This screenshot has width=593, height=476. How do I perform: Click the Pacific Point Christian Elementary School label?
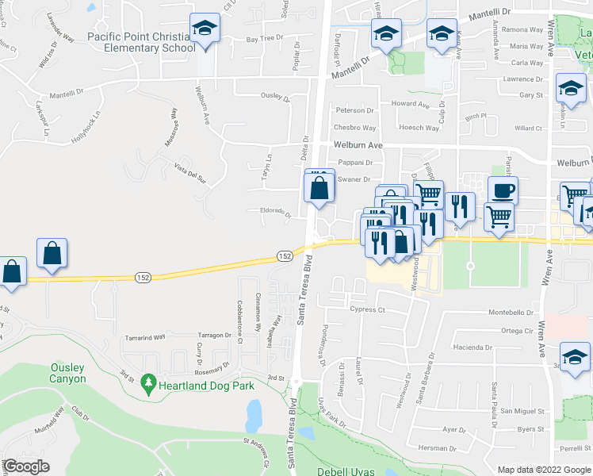141,42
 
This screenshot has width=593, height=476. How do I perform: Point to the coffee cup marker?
503,190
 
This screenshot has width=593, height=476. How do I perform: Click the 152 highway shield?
285,255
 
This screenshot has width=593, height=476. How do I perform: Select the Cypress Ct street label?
367,310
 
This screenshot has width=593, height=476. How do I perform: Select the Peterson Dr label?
354,110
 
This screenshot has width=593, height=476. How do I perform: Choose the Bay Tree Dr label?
265,38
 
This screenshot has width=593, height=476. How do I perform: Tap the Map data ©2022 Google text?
544,470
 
